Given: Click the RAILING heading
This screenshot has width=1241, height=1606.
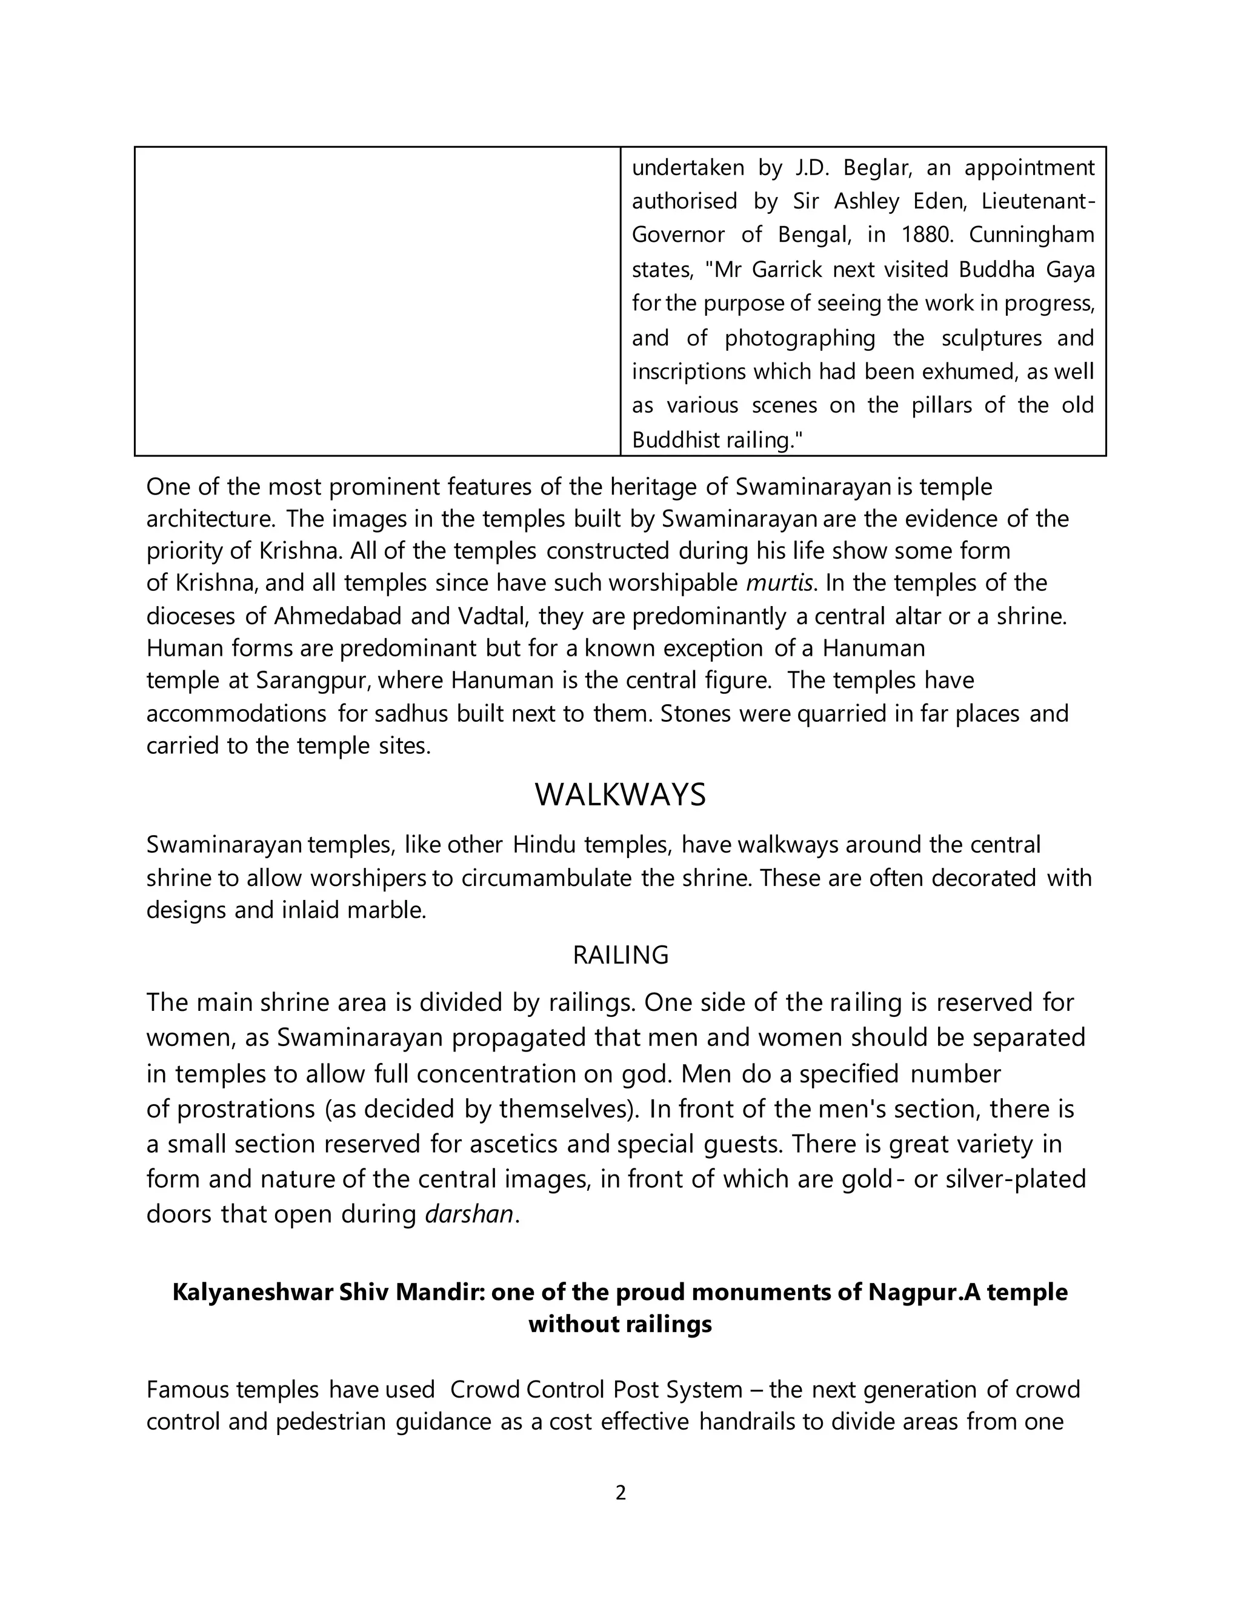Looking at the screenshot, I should point(620,955).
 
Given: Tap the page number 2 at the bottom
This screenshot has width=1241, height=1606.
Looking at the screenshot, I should point(620,1493).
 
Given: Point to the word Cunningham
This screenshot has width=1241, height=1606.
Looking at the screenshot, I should point(1031,235).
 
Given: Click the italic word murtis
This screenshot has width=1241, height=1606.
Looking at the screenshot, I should point(779,583).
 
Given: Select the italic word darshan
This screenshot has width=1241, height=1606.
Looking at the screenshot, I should point(469,1213).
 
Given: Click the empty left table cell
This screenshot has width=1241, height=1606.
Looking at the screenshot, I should point(377,301).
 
